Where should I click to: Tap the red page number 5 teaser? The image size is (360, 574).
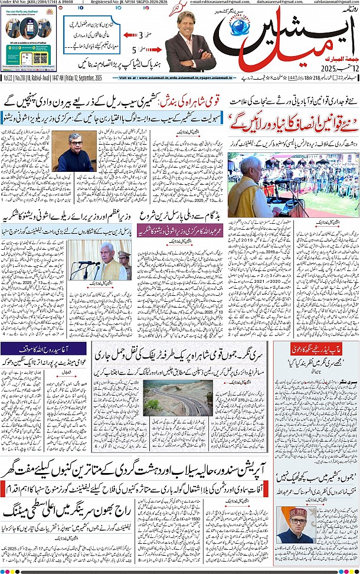(135, 50)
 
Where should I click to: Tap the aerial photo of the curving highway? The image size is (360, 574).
(170, 397)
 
